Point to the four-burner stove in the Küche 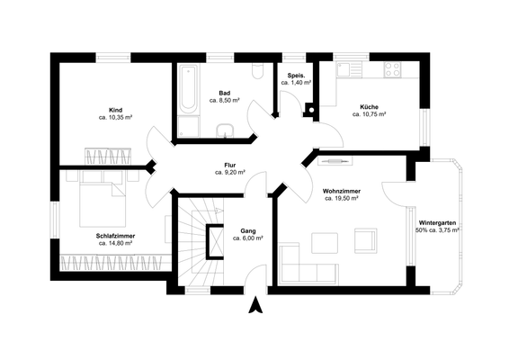coord(393,71)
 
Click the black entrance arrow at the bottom coord(255,306)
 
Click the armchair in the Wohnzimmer coord(366,240)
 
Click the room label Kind coord(115,108)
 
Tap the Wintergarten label coord(437,222)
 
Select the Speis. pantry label coord(295,75)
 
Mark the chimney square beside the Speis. coord(311,112)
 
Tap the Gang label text coord(247,230)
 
